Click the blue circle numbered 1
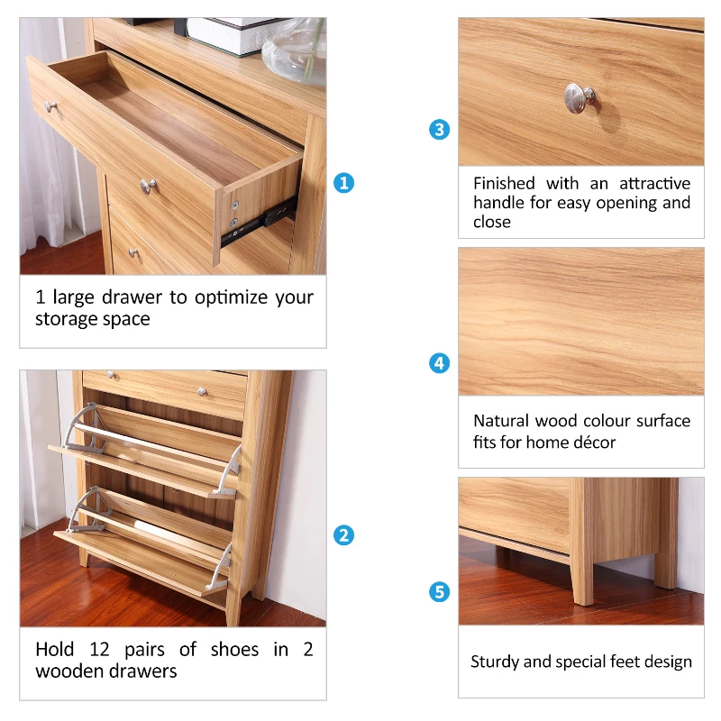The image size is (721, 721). coord(343,183)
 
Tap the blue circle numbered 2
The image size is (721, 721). coord(343,535)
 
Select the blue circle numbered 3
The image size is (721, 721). coord(439,130)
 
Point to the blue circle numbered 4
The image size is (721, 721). coord(439,364)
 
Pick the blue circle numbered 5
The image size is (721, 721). coord(439,592)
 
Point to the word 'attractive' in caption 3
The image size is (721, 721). coord(653,183)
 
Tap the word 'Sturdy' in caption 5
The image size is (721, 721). coord(495,662)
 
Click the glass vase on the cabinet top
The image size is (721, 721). coord(294,41)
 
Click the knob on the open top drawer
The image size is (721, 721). coord(51,106)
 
